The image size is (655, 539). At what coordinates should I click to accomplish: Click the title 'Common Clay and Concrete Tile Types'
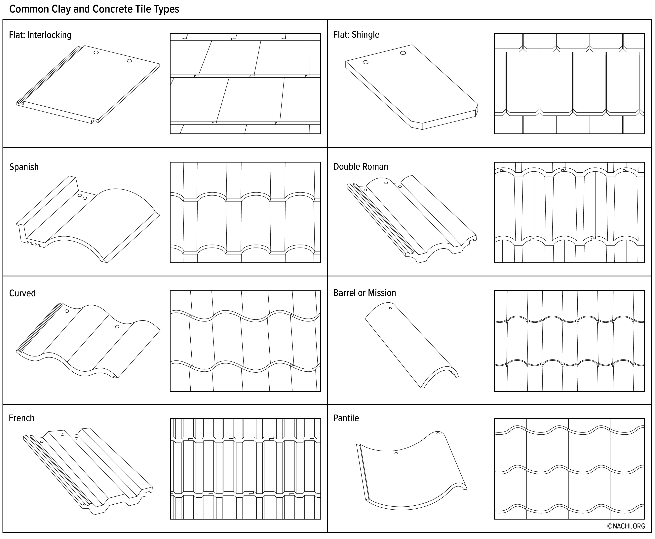pyautogui.click(x=94, y=9)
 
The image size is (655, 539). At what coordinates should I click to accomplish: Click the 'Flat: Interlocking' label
pyautogui.click(x=40, y=35)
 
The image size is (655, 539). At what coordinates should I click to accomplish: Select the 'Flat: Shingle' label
pyautogui.click(x=356, y=34)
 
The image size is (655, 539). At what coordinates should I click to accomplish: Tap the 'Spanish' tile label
pyautogui.click(x=24, y=167)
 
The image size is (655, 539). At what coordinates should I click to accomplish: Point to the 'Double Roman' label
pyautogui.click(x=361, y=167)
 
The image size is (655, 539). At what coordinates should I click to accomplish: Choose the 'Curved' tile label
pyautogui.click(x=22, y=293)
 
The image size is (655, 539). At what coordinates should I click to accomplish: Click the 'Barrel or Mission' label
pyautogui.click(x=365, y=293)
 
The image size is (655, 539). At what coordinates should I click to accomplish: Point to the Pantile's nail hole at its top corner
pyautogui.click(x=438, y=433)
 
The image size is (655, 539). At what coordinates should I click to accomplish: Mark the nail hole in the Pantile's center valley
pyautogui.click(x=396, y=453)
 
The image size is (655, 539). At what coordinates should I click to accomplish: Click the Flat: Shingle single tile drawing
pyautogui.click(x=412, y=87)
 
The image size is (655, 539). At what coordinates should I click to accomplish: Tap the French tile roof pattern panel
pyautogui.click(x=246, y=469)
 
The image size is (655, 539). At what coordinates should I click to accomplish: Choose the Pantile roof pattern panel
pyautogui.click(x=569, y=469)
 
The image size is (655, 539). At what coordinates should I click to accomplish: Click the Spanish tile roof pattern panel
pyautogui.click(x=245, y=212)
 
